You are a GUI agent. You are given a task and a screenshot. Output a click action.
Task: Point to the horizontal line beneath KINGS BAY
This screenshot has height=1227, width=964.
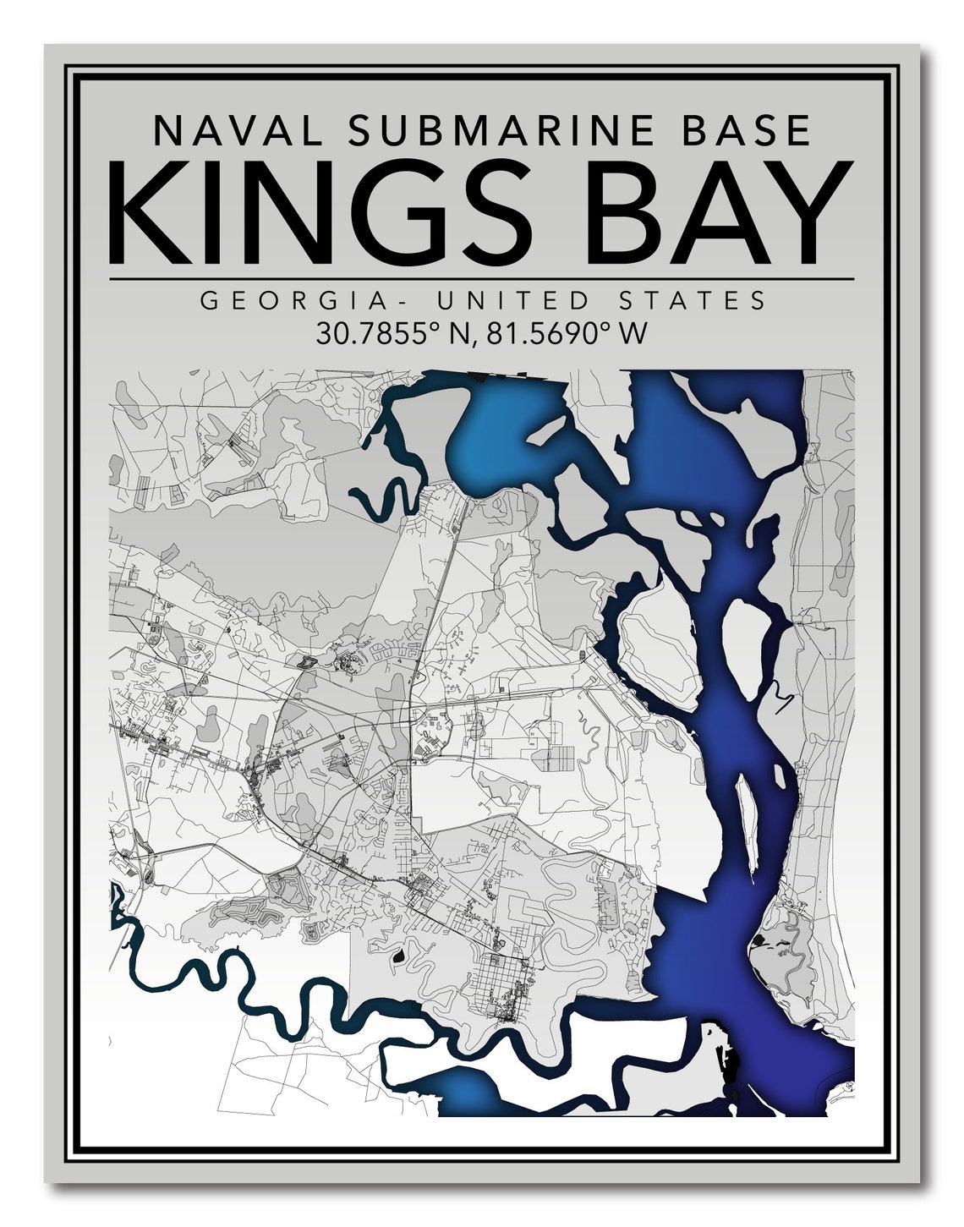[482, 277]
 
